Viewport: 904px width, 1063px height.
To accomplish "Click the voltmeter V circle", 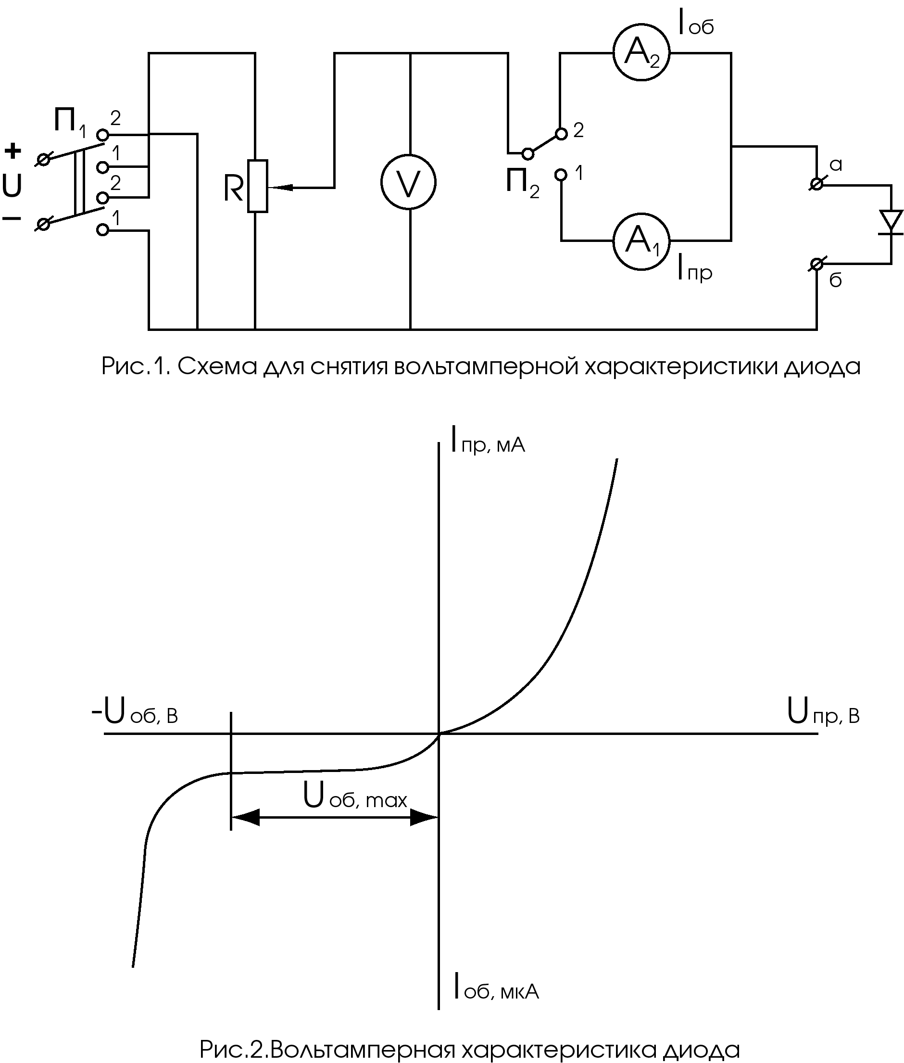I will (x=408, y=181).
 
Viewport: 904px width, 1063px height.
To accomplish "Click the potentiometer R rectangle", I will (x=257, y=186).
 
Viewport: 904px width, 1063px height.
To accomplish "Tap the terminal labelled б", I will (x=817, y=265).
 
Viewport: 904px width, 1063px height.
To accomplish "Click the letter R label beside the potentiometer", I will (x=233, y=189).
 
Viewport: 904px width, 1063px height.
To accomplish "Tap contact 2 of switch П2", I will (x=562, y=134).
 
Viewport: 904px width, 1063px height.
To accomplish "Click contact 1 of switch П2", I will (x=562, y=175).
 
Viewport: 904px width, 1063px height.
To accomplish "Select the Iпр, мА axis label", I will (x=488, y=440).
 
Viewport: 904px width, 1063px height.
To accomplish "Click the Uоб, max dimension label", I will (x=355, y=797).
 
